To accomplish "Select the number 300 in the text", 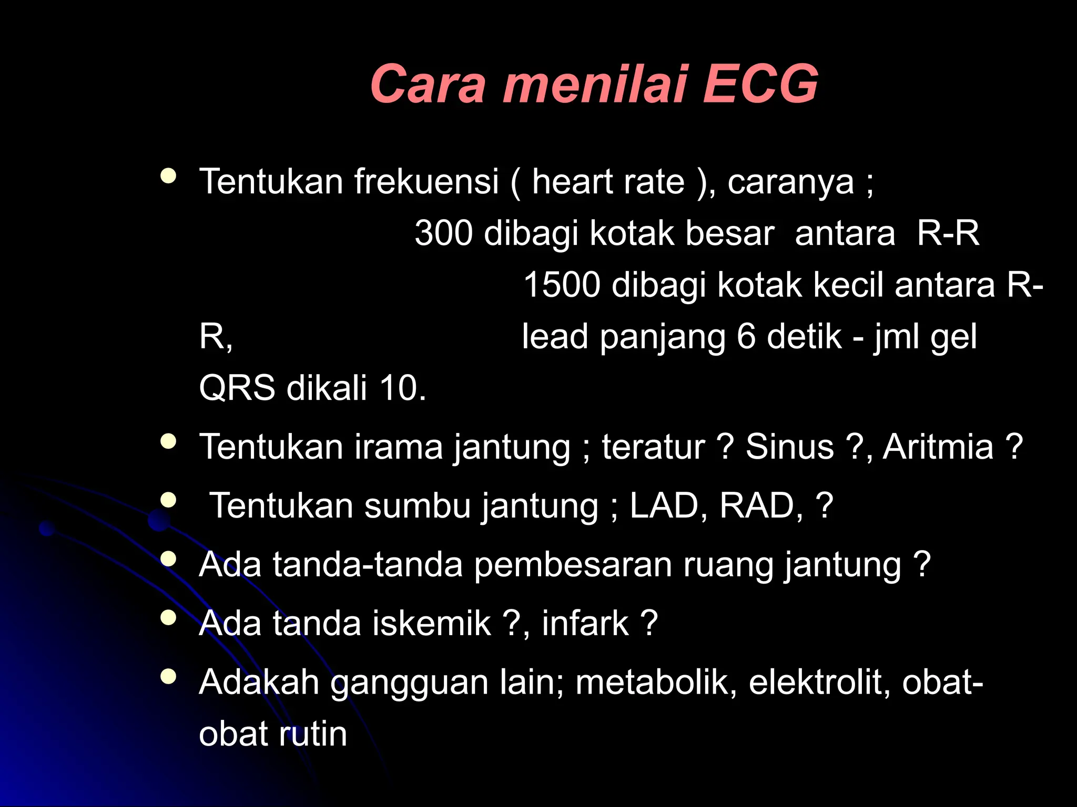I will click(x=444, y=233).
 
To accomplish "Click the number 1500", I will click(x=561, y=285).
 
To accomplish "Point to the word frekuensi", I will click(x=426, y=181).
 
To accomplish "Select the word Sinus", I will click(x=789, y=447).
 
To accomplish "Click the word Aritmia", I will click(x=938, y=447).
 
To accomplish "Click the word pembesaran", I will click(x=573, y=565).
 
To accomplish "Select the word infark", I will click(x=585, y=623).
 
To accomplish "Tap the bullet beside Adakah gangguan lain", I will click(x=168, y=676).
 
